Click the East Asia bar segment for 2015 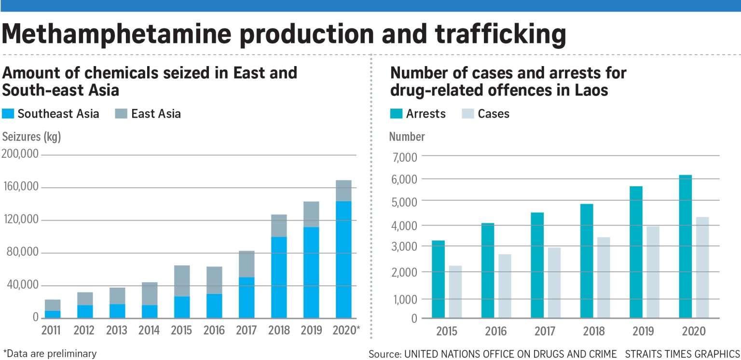[182, 281]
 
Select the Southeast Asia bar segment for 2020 [343, 259]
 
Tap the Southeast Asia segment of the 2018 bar [279, 277]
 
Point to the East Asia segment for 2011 [53, 305]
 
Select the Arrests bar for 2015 [438, 279]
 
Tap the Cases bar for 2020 [702, 267]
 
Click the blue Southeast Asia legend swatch [8, 114]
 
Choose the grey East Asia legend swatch [122, 114]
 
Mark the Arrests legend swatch [396, 114]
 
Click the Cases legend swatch [468, 114]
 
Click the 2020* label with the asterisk [346, 330]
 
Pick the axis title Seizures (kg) [31, 137]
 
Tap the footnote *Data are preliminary [50, 353]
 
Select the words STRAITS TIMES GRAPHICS [682, 353]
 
